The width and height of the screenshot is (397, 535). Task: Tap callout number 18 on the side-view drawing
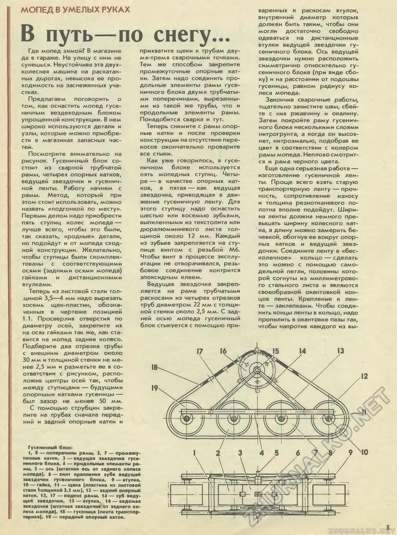(x=156, y=367)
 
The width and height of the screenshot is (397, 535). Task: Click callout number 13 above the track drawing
(x=340, y=351)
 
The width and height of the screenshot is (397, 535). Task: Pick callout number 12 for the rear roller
(x=364, y=376)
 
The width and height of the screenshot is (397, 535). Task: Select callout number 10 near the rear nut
(x=364, y=452)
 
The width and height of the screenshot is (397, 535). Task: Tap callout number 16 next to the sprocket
(x=224, y=351)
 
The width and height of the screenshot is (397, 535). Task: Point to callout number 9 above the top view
(x=350, y=452)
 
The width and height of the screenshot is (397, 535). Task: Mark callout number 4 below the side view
(x=262, y=452)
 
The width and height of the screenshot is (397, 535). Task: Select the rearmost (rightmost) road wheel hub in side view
(x=328, y=418)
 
